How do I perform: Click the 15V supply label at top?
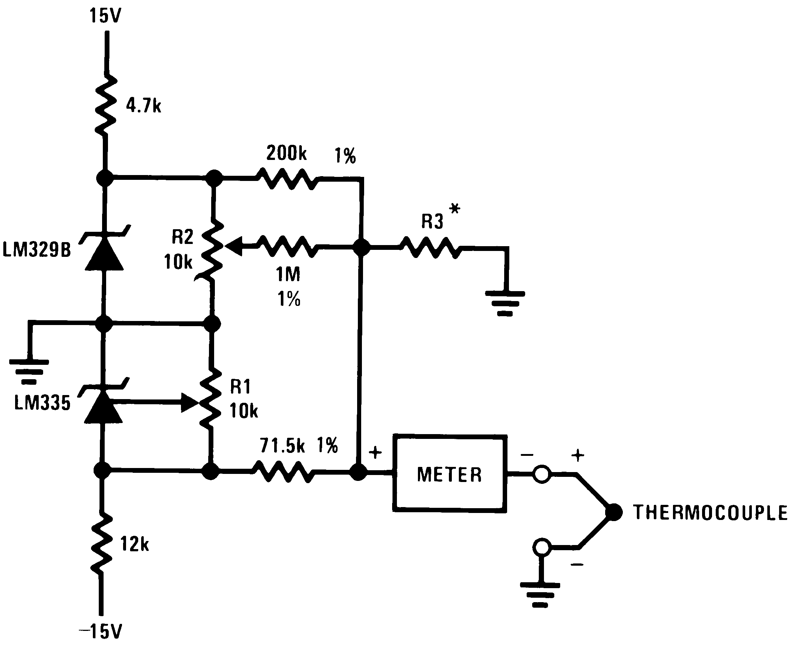105,16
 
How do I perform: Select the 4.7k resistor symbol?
106,106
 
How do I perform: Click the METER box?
450,474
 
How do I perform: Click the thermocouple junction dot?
613,512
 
